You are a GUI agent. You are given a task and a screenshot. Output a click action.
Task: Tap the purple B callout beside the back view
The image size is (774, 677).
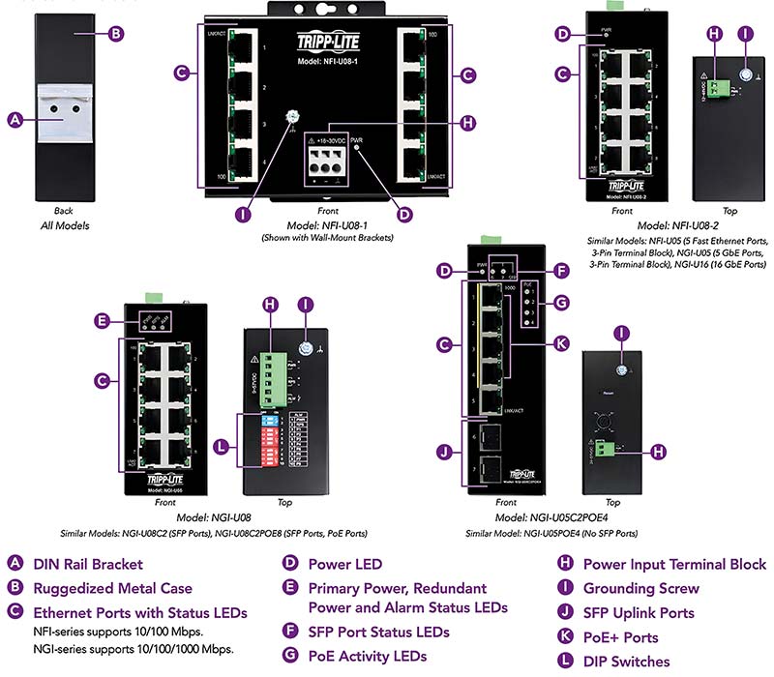115,34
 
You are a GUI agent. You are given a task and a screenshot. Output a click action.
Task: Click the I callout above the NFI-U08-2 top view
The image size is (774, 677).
745,34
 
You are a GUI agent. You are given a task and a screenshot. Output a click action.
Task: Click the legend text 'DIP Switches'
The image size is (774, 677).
625,662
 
